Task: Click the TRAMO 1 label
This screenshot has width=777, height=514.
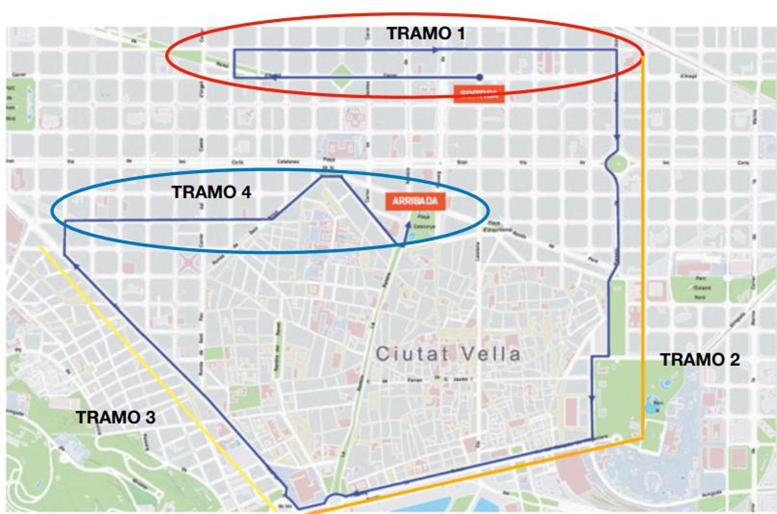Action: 425,33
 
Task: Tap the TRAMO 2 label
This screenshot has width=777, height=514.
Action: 700,360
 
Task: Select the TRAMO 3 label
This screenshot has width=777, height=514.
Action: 116,417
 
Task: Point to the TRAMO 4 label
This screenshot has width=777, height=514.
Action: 211,192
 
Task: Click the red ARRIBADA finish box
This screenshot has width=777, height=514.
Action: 412,202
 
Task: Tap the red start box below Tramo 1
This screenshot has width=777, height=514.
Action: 479,95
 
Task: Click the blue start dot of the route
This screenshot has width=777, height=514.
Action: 479,76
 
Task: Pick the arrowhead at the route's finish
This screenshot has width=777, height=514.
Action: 409,224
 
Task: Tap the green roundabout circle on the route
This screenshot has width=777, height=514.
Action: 616,163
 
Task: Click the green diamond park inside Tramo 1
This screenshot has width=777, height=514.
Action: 342,76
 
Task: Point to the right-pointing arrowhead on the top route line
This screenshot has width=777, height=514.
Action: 434,49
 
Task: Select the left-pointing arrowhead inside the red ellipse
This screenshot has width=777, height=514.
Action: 275,77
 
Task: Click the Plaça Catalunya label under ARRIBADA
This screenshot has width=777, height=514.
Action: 424,222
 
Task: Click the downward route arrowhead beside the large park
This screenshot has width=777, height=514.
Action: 592,399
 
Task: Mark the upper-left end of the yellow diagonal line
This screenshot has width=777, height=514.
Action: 40,246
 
